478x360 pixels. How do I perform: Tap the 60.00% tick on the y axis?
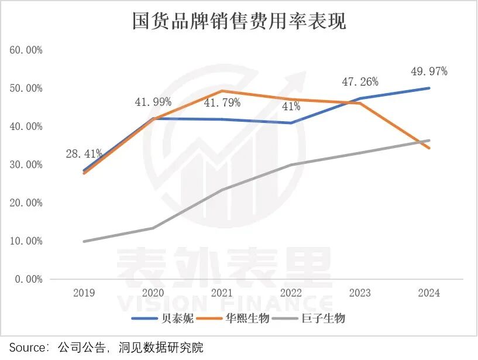click(x=26, y=50)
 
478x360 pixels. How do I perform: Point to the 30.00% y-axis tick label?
click(x=26, y=164)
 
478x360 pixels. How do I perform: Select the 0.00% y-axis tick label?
click(x=29, y=279)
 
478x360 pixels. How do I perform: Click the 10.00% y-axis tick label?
click(x=26, y=241)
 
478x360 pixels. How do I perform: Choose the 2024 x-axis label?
click(x=429, y=293)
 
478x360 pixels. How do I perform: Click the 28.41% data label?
click(x=84, y=154)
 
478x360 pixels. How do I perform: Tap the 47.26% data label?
click(x=360, y=82)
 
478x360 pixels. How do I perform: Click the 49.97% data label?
click(x=429, y=71)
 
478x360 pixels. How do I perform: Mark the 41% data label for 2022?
click(x=291, y=107)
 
